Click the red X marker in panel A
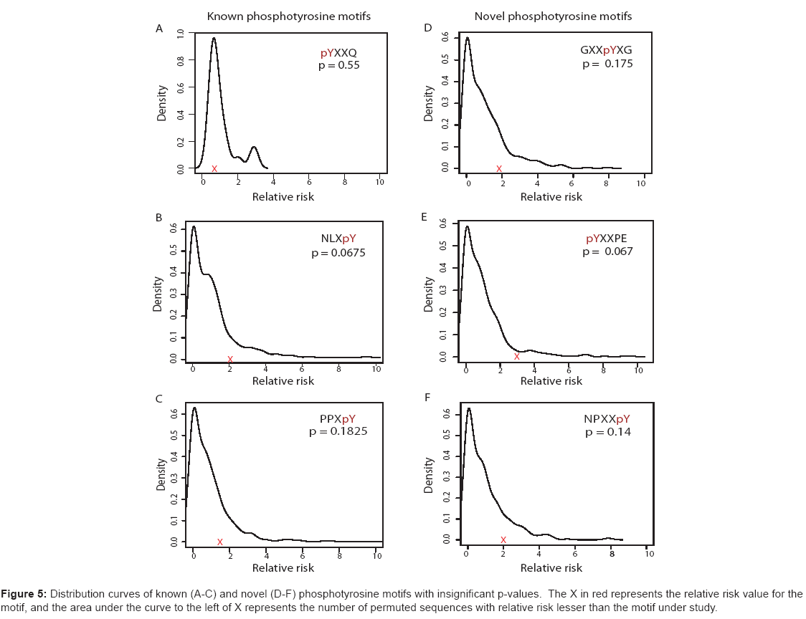(x=214, y=169)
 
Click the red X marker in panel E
(x=516, y=356)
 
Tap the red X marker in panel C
(x=220, y=542)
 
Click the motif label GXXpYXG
(x=607, y=51)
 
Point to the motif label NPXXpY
(x=607, y=419)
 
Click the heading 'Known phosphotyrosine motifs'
(x=289, y=16)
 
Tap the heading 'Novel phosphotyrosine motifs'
(x=553, y=16)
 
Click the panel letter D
(x=428, y=28)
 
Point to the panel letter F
(x=428, y=396)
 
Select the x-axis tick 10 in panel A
(x=380, y=183)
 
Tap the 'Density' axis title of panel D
(x=429, y=103)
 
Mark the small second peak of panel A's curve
(x=253, y=147)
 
